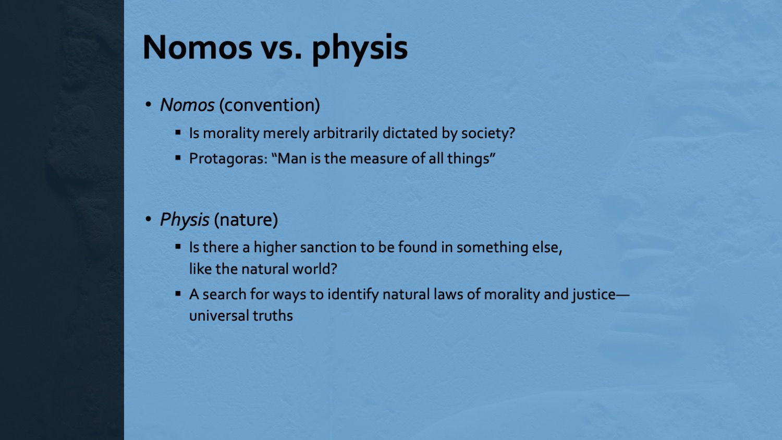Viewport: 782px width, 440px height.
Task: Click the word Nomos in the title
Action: [197, 47]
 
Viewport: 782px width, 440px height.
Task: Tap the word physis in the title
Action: [360, 49]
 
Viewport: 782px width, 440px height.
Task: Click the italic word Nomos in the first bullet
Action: [187, 105]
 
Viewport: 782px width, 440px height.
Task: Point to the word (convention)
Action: [270, 105]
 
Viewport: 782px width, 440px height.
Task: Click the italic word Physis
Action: [185, 220]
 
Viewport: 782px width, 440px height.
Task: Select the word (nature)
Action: [246, 219]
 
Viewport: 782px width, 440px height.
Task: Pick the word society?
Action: [488, 133]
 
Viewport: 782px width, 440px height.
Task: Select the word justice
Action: [593, 295]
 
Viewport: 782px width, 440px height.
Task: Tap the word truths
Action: [273, 316]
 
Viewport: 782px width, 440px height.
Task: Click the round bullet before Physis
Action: [149, 219]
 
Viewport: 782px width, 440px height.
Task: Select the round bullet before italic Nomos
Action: [149, 104]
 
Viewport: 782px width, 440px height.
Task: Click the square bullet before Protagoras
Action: [178, 158]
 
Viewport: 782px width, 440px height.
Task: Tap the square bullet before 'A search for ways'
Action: [178, 294]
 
